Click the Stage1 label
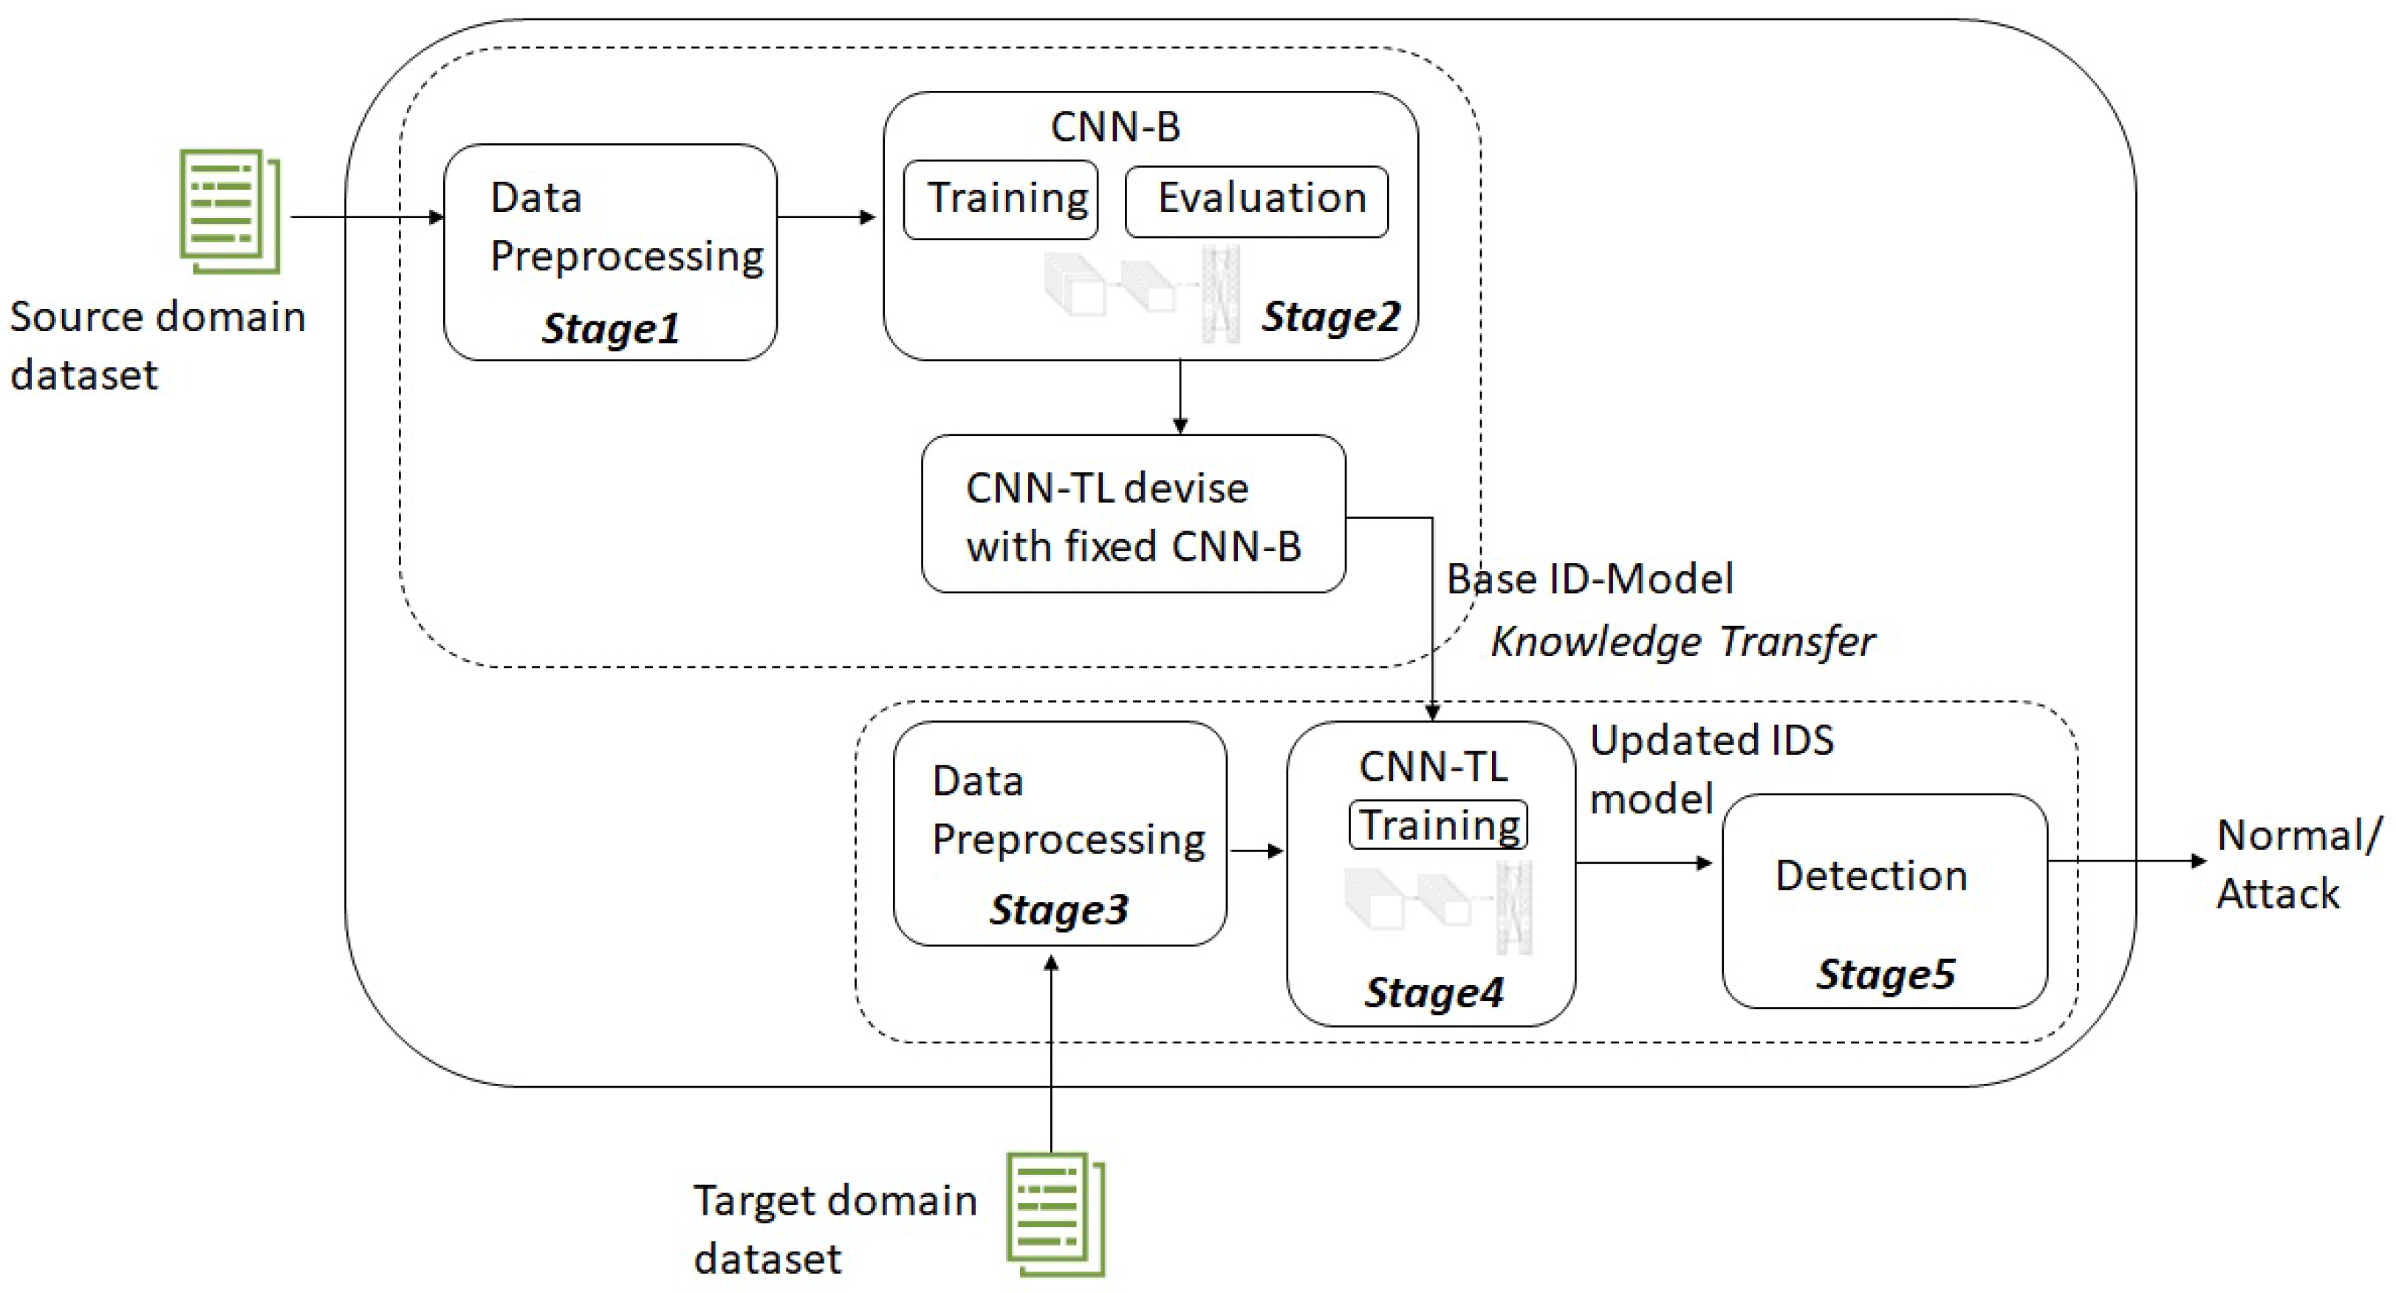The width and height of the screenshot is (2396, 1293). click(610, 328)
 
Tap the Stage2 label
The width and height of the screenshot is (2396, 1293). click(1330, 316)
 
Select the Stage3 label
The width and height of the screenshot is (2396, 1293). click(1058, 909)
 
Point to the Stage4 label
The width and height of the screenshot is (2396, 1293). click(1434, 992)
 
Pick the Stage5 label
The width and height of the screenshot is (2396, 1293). click(1886, 974)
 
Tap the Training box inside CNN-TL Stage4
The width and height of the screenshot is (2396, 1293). click(1438, 824)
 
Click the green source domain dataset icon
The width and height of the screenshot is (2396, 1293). click(230, 211)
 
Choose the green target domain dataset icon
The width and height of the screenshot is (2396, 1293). click(1055, 1214)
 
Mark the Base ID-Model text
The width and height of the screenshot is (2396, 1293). click(1589, 579)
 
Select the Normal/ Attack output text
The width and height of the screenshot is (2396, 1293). click(2298, 863)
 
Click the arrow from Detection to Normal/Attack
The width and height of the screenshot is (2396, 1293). click(2126, 861)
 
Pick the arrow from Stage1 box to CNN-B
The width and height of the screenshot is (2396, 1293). click(826, 216)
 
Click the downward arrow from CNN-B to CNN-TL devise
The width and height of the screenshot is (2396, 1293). click(1180, 396)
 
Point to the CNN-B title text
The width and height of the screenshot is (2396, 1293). click(1115, 126)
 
